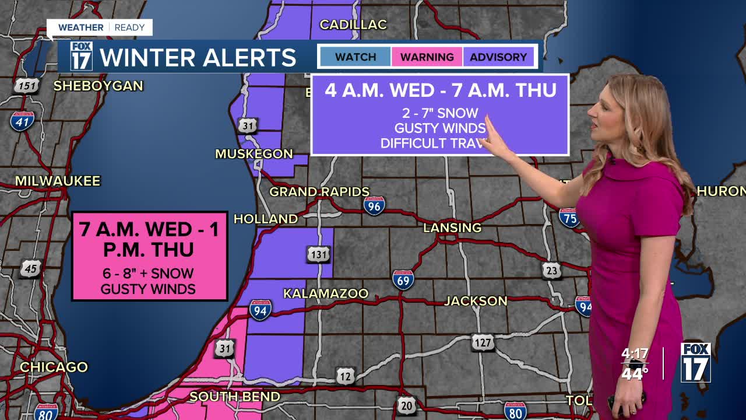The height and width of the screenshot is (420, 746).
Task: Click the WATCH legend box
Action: click(x=355, y=57)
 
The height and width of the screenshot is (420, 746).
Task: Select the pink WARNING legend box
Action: click(x=427, y=57)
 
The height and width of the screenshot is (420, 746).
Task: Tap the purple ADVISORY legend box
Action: click(x=498, y=57)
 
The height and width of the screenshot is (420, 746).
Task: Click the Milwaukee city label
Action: click(x=58, y=181)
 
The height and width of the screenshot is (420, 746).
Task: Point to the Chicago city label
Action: click(x=54, y=367)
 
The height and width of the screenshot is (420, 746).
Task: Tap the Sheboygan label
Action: click(x=98, y=86)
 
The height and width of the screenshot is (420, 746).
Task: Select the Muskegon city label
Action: click(x=254, y=154)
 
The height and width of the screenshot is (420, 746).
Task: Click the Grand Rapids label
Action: click(x=319, y=192)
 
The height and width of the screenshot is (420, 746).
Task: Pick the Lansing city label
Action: click(x=452, y=228)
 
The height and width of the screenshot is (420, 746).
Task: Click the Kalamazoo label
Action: click(x=326, y=293)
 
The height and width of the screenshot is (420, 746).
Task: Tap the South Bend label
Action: click(x=235, y=397)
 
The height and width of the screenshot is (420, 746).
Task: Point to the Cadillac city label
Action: click(x=353, y=24)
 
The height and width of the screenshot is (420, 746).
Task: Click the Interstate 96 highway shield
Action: click(x=374, y=205)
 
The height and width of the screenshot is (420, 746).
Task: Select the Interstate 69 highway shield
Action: click(x=403, y=280)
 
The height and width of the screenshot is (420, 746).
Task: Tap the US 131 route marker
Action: click(x=318, y=254)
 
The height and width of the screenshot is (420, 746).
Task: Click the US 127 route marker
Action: click(x=483, y=342)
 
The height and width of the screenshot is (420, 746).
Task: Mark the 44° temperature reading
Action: click(x=635, y=373)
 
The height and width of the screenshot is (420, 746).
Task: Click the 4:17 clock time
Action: click(x=635, y=354)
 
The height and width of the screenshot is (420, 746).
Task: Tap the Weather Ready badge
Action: click(x=100, y=27)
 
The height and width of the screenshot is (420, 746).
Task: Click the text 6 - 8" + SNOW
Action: click(x=148, y=274)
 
